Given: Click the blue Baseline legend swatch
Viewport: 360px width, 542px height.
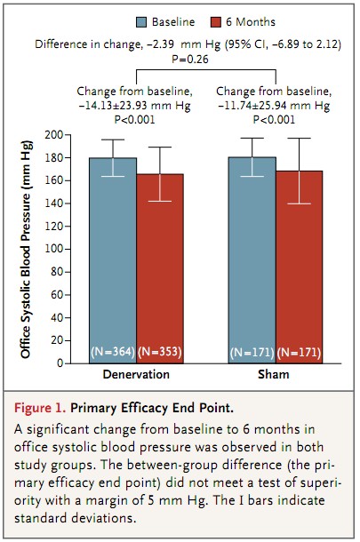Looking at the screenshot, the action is [141, 22].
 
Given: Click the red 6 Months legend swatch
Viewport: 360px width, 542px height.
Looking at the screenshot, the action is [215, 22].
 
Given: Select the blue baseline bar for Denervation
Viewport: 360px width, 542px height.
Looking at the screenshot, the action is [113, 260].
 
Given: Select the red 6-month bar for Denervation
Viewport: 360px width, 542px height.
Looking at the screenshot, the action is [160, 268].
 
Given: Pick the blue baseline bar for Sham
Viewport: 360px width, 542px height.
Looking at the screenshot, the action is [252, 260].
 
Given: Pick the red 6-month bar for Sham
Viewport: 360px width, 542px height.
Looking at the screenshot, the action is [300, 267].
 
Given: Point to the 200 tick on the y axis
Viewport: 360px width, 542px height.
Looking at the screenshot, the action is [67, 135].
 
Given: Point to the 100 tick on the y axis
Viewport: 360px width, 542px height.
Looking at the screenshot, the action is [67, 249].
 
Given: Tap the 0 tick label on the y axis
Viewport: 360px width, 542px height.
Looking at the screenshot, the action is [60, 363].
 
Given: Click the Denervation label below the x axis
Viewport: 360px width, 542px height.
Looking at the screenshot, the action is [136, 374].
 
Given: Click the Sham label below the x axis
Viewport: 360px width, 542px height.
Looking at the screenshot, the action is [274, 374].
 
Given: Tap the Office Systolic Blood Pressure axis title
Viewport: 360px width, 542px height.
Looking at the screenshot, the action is [26, 249].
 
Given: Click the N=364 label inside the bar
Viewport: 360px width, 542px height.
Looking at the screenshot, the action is [113, 352].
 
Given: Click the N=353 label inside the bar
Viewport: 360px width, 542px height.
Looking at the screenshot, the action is [160, 352].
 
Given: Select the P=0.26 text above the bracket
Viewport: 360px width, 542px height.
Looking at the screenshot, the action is [190, 60].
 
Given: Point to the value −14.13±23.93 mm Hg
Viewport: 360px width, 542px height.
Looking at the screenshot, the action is [134, 106].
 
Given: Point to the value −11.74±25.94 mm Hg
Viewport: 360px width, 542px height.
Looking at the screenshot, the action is [274, 106].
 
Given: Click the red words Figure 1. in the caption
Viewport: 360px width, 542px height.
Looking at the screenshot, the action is [40, 408].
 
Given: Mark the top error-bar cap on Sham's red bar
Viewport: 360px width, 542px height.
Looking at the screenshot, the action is [300, 139].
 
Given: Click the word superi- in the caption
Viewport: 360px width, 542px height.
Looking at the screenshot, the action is [321, 482].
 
